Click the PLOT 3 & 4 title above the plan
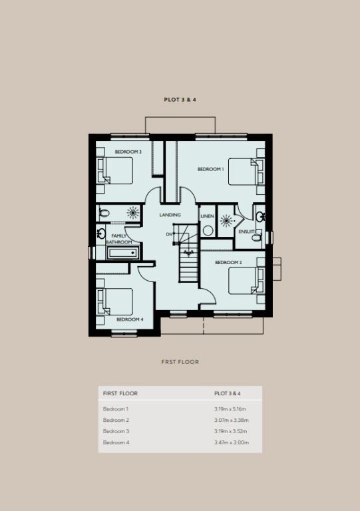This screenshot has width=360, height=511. (180, 100)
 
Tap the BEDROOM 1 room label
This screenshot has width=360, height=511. (210, 169)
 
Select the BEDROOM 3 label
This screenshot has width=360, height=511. (128, 152)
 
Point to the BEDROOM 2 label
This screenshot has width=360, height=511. (228, 262)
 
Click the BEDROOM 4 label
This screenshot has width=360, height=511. (130, 319)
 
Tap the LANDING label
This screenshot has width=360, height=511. (170, 215)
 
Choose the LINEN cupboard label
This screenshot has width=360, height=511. (207, 216)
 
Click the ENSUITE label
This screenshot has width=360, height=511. (248, 232)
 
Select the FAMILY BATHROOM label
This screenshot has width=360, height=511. (119, 239)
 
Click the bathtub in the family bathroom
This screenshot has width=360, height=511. (123, 253)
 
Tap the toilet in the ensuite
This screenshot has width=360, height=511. (256, 238)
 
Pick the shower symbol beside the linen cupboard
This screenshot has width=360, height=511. (226, 221)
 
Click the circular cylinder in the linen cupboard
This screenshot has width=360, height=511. (208, 231)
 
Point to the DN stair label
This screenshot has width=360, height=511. (169, 234)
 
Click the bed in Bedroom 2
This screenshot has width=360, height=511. (246, 281)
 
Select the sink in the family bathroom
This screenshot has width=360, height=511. (101, 234)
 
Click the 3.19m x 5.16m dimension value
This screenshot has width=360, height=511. (230, 409)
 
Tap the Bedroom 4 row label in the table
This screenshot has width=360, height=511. (116, 442)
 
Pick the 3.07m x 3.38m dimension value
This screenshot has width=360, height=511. (232, 421)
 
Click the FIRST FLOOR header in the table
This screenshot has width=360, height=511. (120, 393)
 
